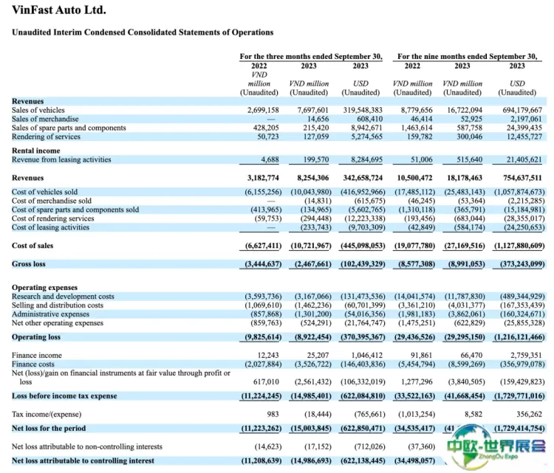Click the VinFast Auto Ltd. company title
click(x=59, y=10)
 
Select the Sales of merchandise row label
click(x=45, y=119)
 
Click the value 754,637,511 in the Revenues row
click(x=517, y=179)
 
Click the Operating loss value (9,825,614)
click(x=257, y=336)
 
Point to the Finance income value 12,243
click(x=263, y=355)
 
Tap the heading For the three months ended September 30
click(x=311, y=56)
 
